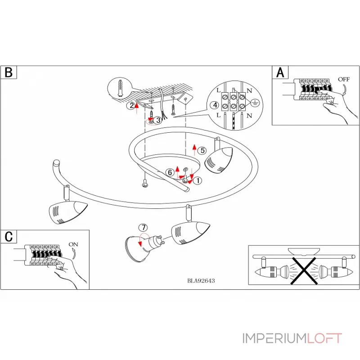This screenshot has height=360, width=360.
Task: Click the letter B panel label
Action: [x=9, y=72]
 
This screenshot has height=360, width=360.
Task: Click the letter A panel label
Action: [x=280, y=72]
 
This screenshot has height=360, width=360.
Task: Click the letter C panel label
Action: [x=9, y=236]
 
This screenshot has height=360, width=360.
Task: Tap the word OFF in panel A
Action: [x=344, y=79]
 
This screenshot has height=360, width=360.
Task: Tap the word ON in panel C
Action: [x=74, y=244]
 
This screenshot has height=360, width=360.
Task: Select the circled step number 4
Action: [x=215, y=105]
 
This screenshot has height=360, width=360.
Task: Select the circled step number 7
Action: [x=143, y=228]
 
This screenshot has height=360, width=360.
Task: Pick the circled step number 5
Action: [x=202, y=151]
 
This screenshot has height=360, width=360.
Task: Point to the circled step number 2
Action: [x=130, y=106]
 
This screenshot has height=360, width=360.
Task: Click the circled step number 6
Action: [x=170, y=172]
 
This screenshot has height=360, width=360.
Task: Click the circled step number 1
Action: [x=198, y=180]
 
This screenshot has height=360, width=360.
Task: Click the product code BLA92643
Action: [x=201, y=280]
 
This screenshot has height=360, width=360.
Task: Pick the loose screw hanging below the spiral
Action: [x=145, y=183]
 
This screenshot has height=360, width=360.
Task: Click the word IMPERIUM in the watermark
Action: [x=274, y=338]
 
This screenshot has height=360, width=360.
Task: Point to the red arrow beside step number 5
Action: [x=194, y=149]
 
